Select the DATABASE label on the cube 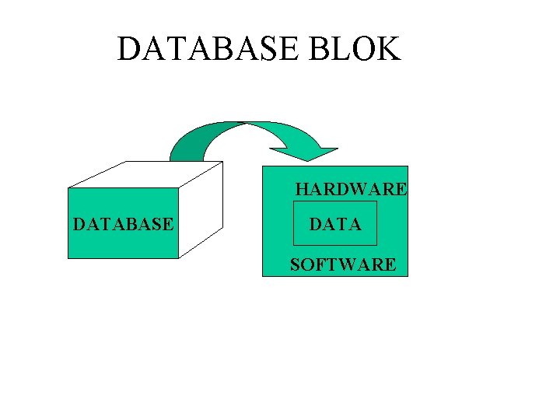tap(123, 225)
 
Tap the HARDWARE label tap(351, 189)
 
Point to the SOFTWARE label tap(343, 264)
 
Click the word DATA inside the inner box tap(335, 225)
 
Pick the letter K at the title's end tap(388, 49)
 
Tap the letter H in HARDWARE tap(302, 189)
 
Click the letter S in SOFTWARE tap(295, 264)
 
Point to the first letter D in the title tap(128, 49)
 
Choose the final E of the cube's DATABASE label tap(169, 225)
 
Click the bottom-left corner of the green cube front tap(68, 257)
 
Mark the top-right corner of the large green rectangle tap(408, 166)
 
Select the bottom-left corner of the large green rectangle tap(264, 276)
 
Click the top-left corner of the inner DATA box tap(292, 201)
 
